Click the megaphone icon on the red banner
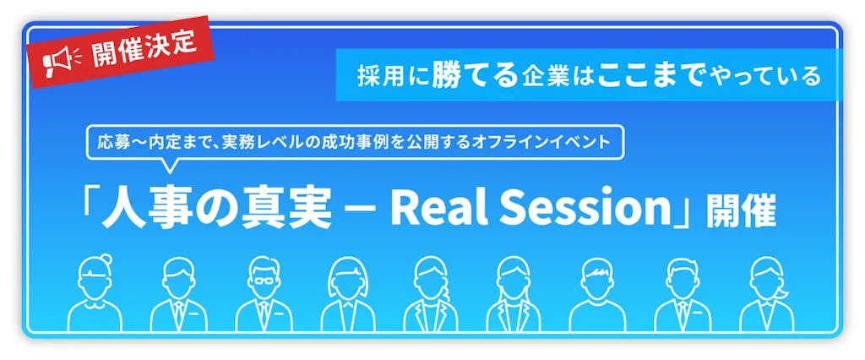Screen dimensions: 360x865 pos(61,58)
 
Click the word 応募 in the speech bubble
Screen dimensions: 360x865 pos(112,142)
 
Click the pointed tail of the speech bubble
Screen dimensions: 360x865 pos(170,167)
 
